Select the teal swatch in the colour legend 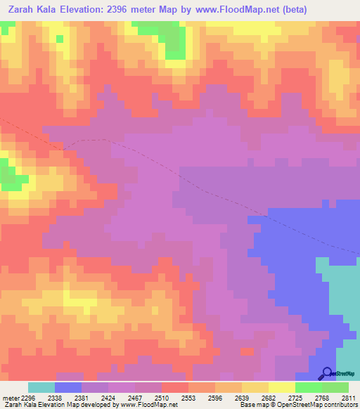click(41, 387)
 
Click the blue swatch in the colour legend click(67, 387)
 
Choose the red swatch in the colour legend click(174, 387)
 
